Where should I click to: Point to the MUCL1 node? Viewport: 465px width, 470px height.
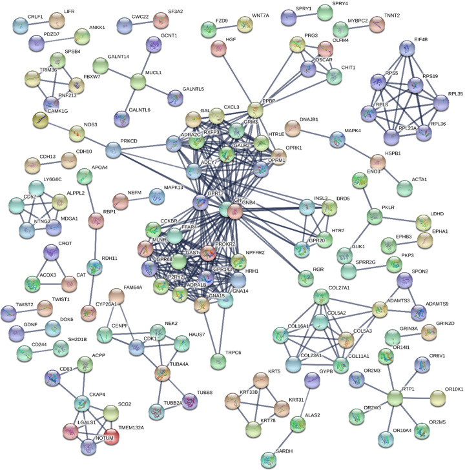click(138, 82)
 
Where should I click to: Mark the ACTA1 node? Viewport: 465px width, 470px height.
click(405, 188)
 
